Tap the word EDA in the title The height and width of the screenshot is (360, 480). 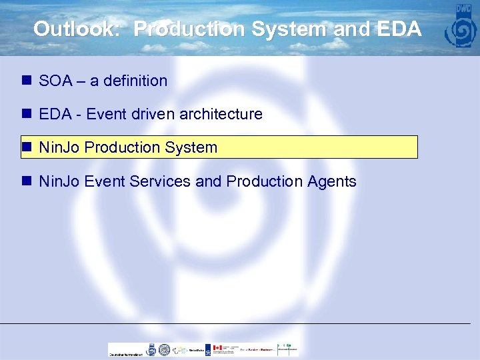(x=401, y=29)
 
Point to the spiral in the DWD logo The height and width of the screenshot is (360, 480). (x=463, y=31)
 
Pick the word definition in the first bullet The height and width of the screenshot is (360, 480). (x=136, y=81)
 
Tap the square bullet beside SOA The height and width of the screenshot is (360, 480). (x=27, y=81)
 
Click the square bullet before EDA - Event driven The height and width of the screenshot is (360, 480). (x=27, y=114)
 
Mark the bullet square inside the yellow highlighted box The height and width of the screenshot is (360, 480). (x=27, y=147)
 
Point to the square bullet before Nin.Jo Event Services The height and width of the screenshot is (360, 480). (x=27, y=181)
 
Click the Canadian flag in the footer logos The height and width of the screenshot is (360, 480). (x=217, y=348)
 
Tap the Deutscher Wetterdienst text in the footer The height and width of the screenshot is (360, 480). (x=126, y=354)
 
